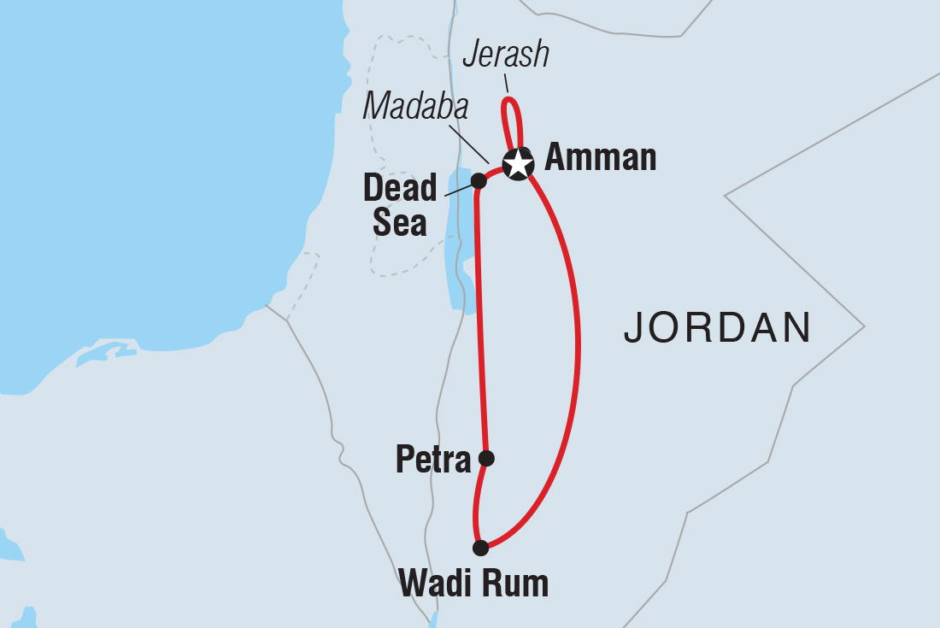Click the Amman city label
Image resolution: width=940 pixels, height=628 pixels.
coord(600,158)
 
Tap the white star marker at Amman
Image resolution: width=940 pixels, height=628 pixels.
coord(517,163)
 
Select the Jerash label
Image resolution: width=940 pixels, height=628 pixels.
coord(505,55)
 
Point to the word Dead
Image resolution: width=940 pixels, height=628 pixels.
coord(400,188)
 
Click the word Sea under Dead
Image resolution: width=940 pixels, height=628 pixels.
coord(399,222)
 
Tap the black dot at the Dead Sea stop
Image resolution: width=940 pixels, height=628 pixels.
coord(479,181)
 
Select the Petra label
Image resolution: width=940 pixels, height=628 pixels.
coord(433,461)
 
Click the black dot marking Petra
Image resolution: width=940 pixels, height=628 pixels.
coord(485,459)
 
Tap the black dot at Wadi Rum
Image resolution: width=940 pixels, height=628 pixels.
coord(481,548)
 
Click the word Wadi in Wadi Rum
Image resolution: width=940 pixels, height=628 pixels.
coord(435,585)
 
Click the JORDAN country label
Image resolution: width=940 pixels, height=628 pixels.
coord(717,327)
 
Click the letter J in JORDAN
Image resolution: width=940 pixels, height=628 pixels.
coord(633,328)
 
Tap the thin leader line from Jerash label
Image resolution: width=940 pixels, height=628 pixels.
coord(506,83)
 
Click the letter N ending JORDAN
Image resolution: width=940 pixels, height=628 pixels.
coord(796,327)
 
